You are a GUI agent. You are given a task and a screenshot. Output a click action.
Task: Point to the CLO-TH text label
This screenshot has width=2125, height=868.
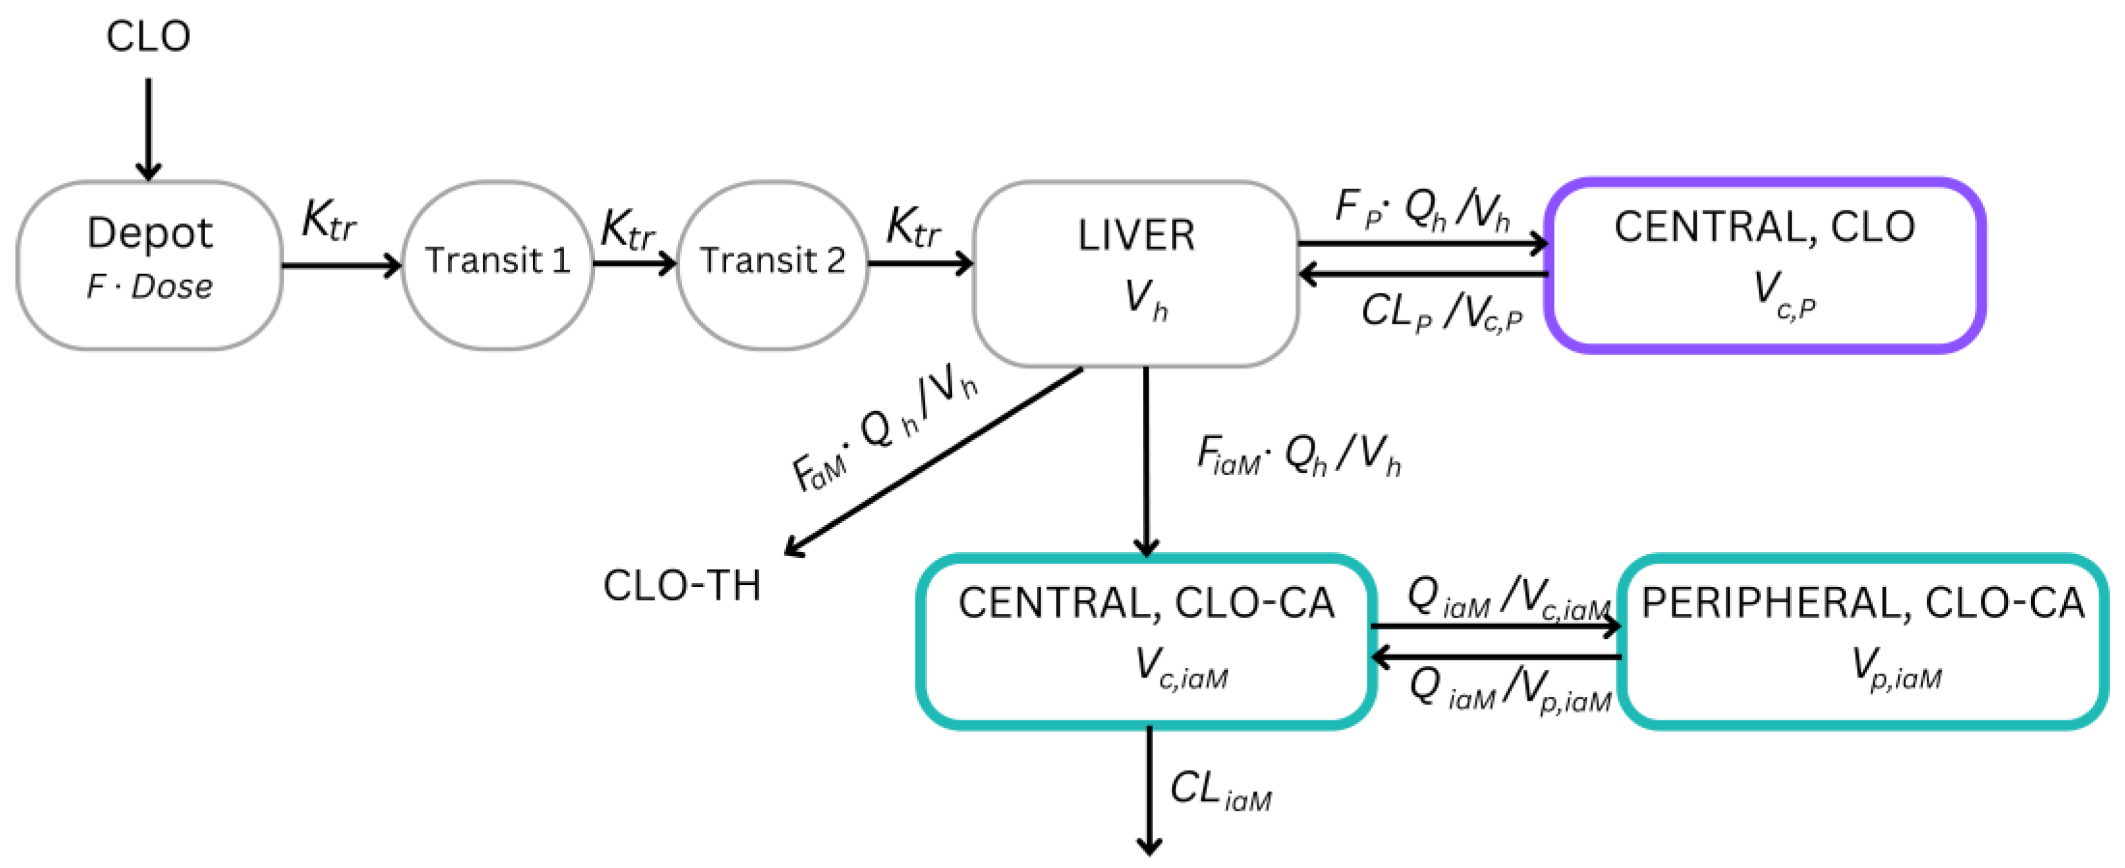point(681,586)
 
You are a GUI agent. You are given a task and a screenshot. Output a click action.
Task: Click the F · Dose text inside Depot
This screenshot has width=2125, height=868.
point(149,287)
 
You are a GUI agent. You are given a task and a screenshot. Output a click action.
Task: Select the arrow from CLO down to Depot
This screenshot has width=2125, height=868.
point(149,128)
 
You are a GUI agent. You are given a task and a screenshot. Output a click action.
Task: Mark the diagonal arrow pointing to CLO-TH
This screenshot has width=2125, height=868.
point(932,462)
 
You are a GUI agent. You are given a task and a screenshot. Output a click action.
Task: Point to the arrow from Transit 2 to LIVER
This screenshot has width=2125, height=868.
point(919,264)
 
